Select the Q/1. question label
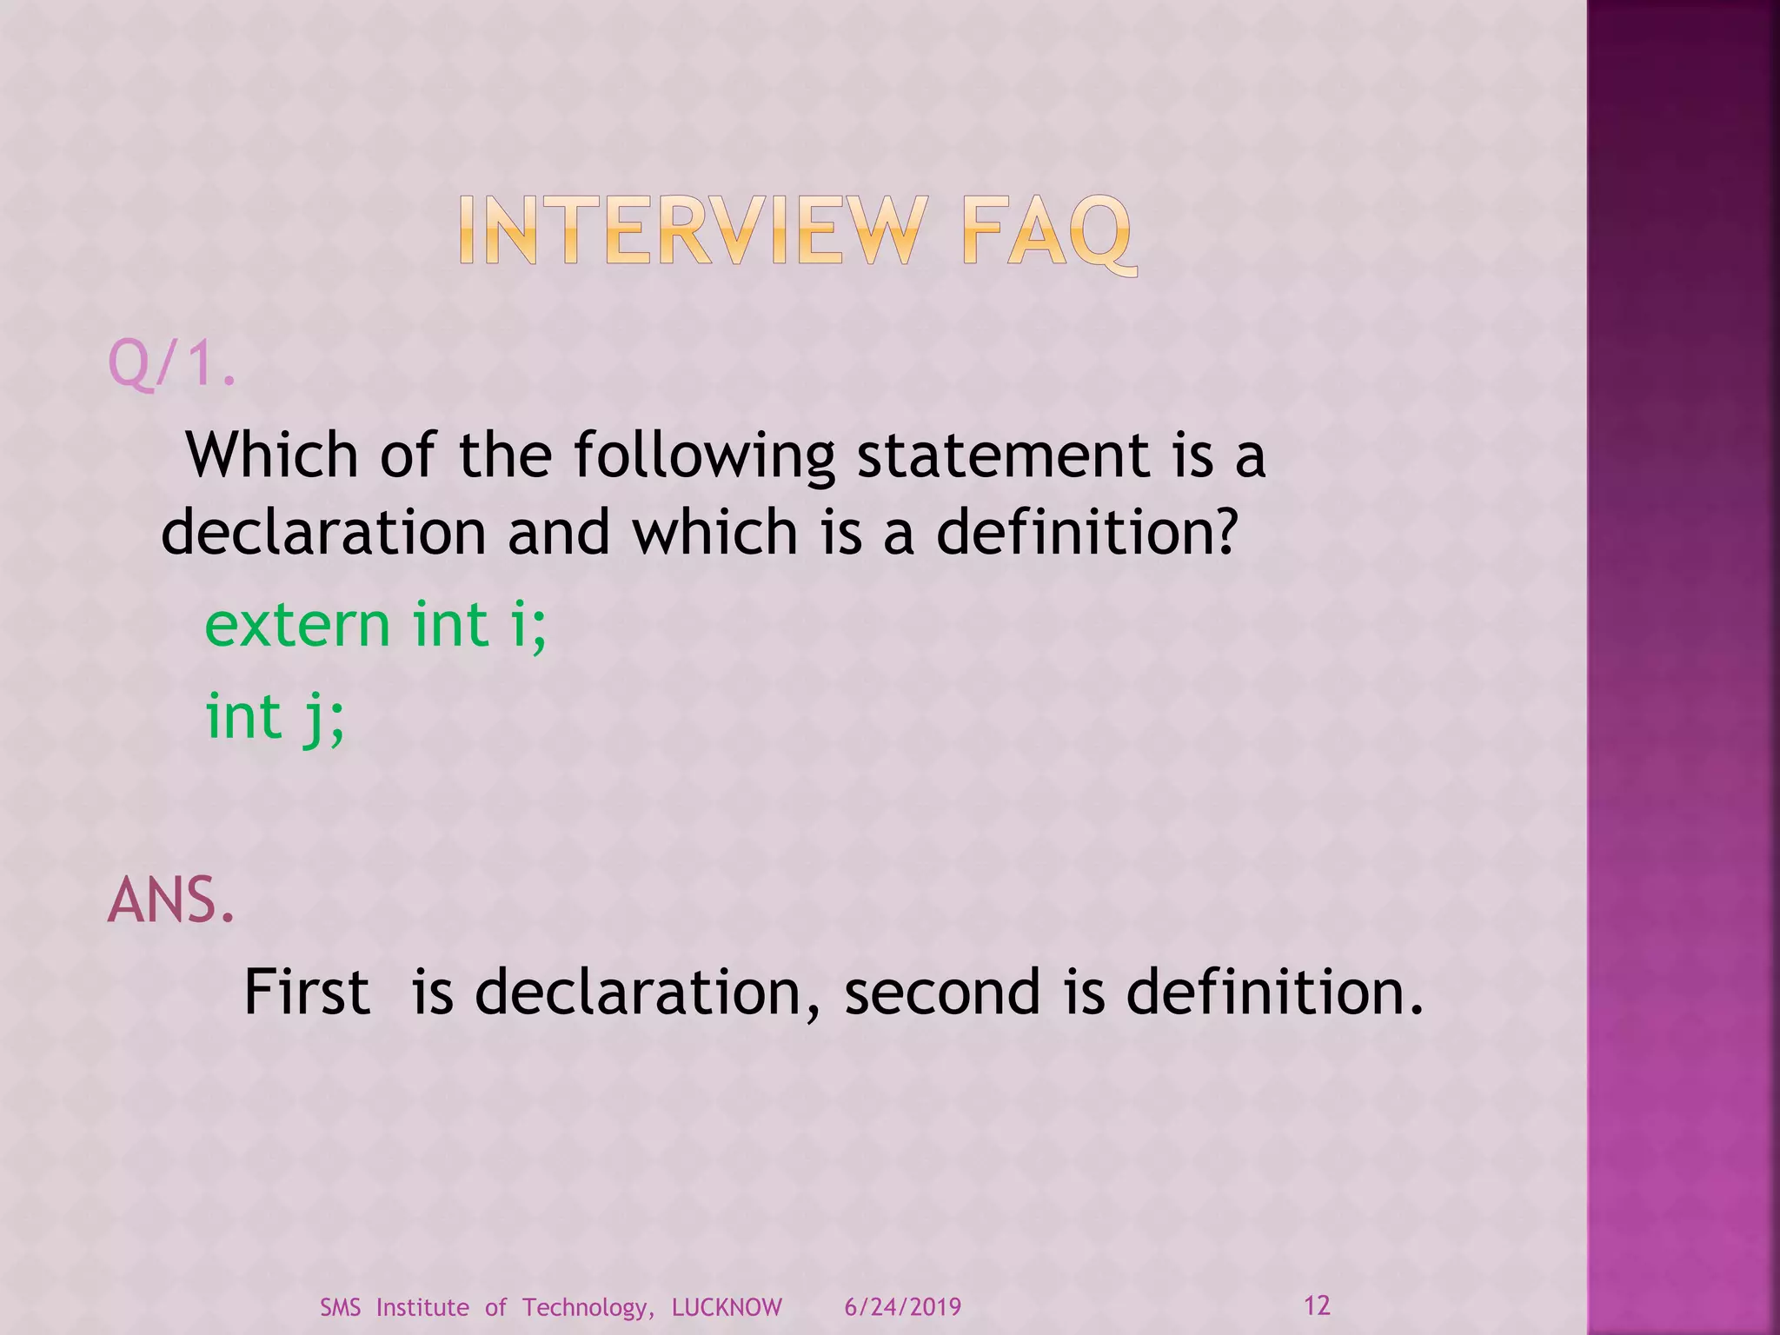[171, 364]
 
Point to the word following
[704, 457]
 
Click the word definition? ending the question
[1086, 532]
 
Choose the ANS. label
[171, 900]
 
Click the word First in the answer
[307, 992]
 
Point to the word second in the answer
[942, 992]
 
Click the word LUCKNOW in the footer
[727, 1307]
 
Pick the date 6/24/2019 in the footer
[903, 1307]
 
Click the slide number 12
[1317, 1305]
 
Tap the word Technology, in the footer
[588, 1308]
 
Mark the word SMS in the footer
[340, 1307]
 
